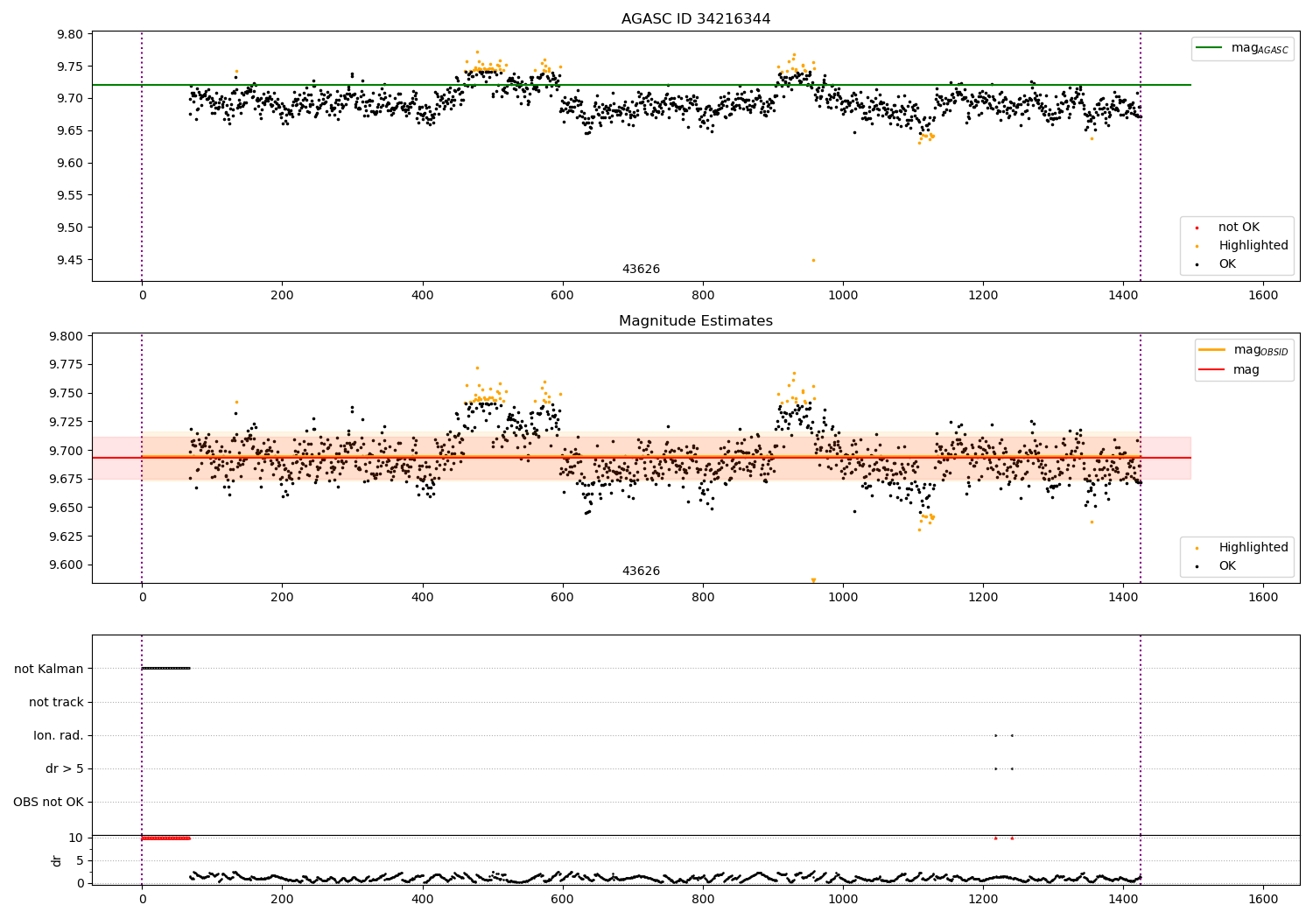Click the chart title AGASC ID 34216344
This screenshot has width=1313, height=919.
[x=696, y=19]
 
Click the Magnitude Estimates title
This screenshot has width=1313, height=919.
[x=696, y=321]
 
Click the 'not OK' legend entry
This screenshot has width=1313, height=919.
[x=1239, y=228]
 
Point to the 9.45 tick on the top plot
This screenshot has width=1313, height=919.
[x=69, y=260]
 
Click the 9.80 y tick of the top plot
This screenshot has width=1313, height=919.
[x=69, y=34]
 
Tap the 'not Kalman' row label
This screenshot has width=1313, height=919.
[x=49, y=669]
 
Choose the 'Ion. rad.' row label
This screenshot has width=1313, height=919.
[x=59, y=735]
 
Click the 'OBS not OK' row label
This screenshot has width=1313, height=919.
[x=48, y=802]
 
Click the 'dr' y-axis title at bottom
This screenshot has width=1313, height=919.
[x=57, y=860]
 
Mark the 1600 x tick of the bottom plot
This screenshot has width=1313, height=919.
[x=1263, y=898]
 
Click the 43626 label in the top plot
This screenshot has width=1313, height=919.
[x=641, y=270]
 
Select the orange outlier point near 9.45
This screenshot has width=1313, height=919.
[x=813, y=260]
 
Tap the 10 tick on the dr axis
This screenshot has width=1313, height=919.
[x=75, y=838]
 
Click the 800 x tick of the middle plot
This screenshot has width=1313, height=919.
[x=703, y=597]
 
